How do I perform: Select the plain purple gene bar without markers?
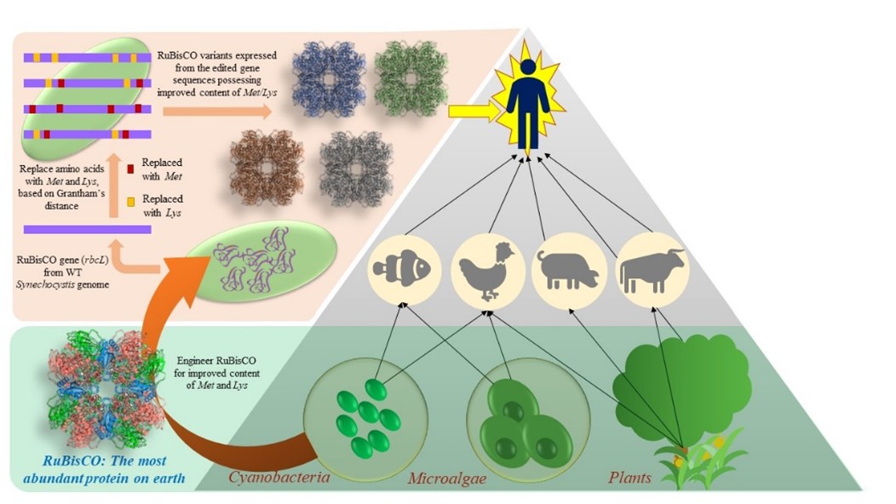click(88, 229)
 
